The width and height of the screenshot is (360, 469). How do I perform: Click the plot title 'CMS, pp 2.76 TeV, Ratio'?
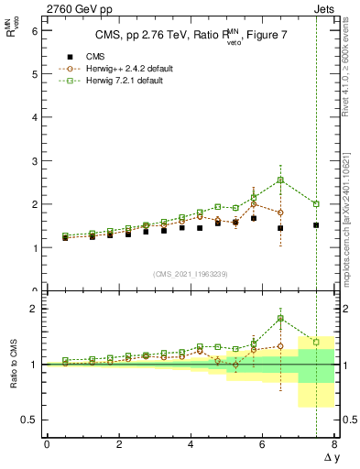160,36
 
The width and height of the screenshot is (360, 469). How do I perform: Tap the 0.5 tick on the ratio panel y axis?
29,420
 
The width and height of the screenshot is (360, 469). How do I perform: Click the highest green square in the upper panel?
280,180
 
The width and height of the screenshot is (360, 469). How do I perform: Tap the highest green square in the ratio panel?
280,318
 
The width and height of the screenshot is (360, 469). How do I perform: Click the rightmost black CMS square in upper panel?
316,225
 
